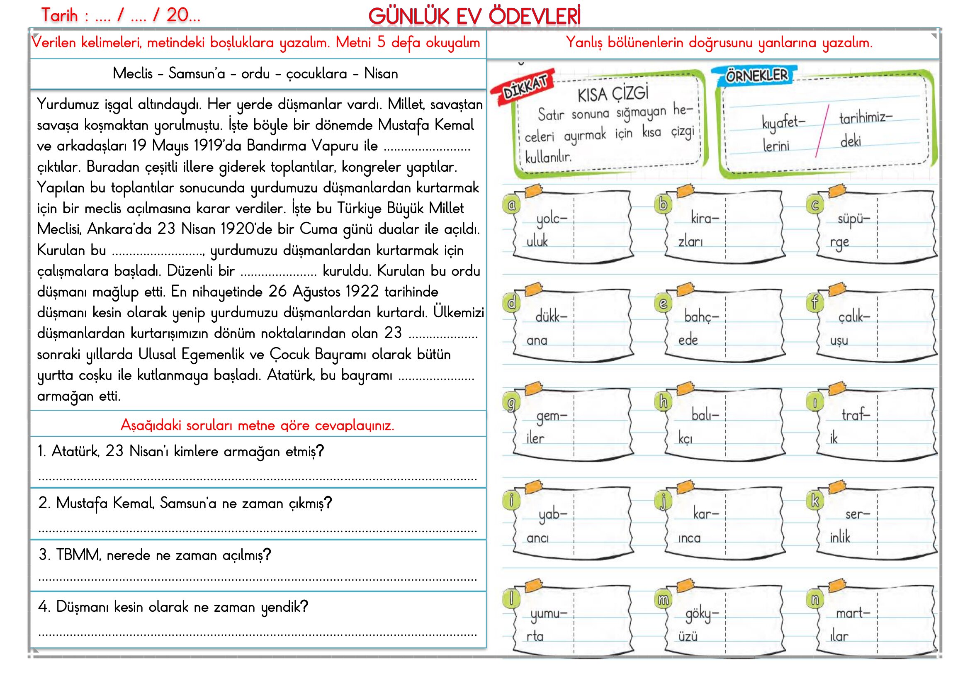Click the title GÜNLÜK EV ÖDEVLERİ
[474, 17]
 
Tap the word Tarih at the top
[60, 16]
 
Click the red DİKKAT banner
[524, 87]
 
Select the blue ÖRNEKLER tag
[756, 75]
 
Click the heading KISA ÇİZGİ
[613, 94]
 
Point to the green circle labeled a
[511, 205]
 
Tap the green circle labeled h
[663, 402]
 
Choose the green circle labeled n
[814, 599]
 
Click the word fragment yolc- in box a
[551, 219]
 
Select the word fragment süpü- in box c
[854, 219]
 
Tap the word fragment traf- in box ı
[856, 415]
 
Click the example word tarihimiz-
[865, 117]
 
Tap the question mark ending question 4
[304, 607]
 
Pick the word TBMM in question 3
[78, 555]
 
